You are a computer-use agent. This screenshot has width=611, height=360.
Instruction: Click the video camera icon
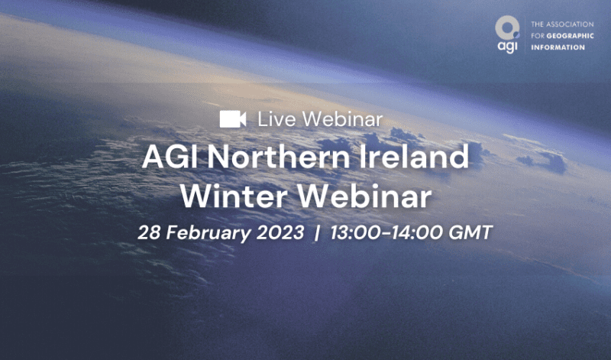coord(233,119)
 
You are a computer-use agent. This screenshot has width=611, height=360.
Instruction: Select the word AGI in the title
coord(171,157)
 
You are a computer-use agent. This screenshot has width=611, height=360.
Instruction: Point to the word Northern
coord(278,157)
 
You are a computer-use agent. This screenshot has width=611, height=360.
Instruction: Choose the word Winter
coord(234,196)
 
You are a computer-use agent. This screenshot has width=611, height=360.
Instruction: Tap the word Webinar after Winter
coord(364,196)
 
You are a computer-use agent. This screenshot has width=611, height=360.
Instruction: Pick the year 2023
coord(280,233)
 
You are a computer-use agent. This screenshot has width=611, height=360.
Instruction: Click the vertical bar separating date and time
coord(317,233)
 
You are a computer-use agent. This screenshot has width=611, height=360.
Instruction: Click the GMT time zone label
coord(470,233)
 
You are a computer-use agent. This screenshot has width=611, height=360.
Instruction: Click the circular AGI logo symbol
coord(507,28)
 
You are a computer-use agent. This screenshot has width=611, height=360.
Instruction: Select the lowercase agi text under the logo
coord(507,47)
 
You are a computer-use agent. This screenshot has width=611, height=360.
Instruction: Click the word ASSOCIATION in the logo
coord(569,24)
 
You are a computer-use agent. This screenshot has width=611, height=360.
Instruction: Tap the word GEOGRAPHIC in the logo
coord(570,36)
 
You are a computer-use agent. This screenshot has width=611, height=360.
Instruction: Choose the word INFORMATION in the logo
coord(558,47)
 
